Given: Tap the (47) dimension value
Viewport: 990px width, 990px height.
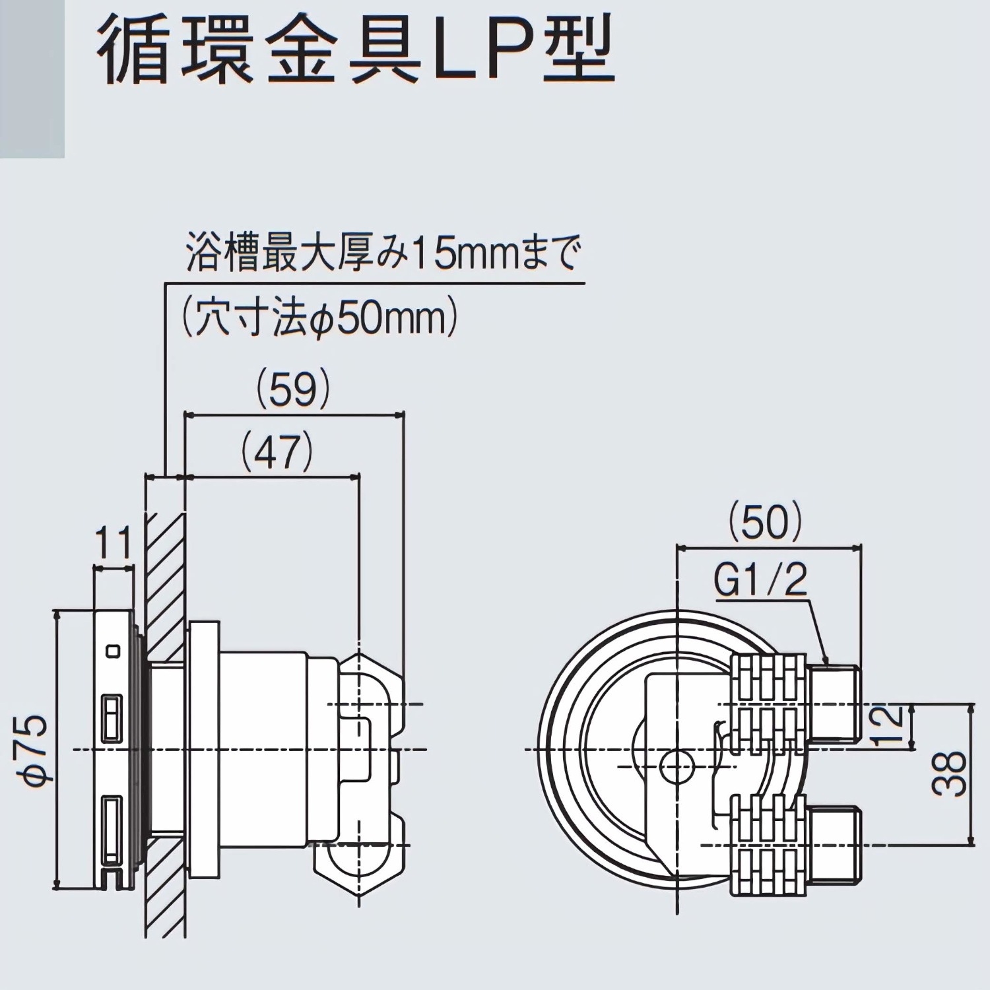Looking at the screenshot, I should click(x=277, y=452).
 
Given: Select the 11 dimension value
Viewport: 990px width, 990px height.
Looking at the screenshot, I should click(x=114, y=545).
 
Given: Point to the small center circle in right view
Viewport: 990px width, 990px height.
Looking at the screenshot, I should click(x=676, y=764).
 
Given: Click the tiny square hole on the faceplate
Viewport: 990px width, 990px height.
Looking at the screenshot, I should click(x=114, y=651).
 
